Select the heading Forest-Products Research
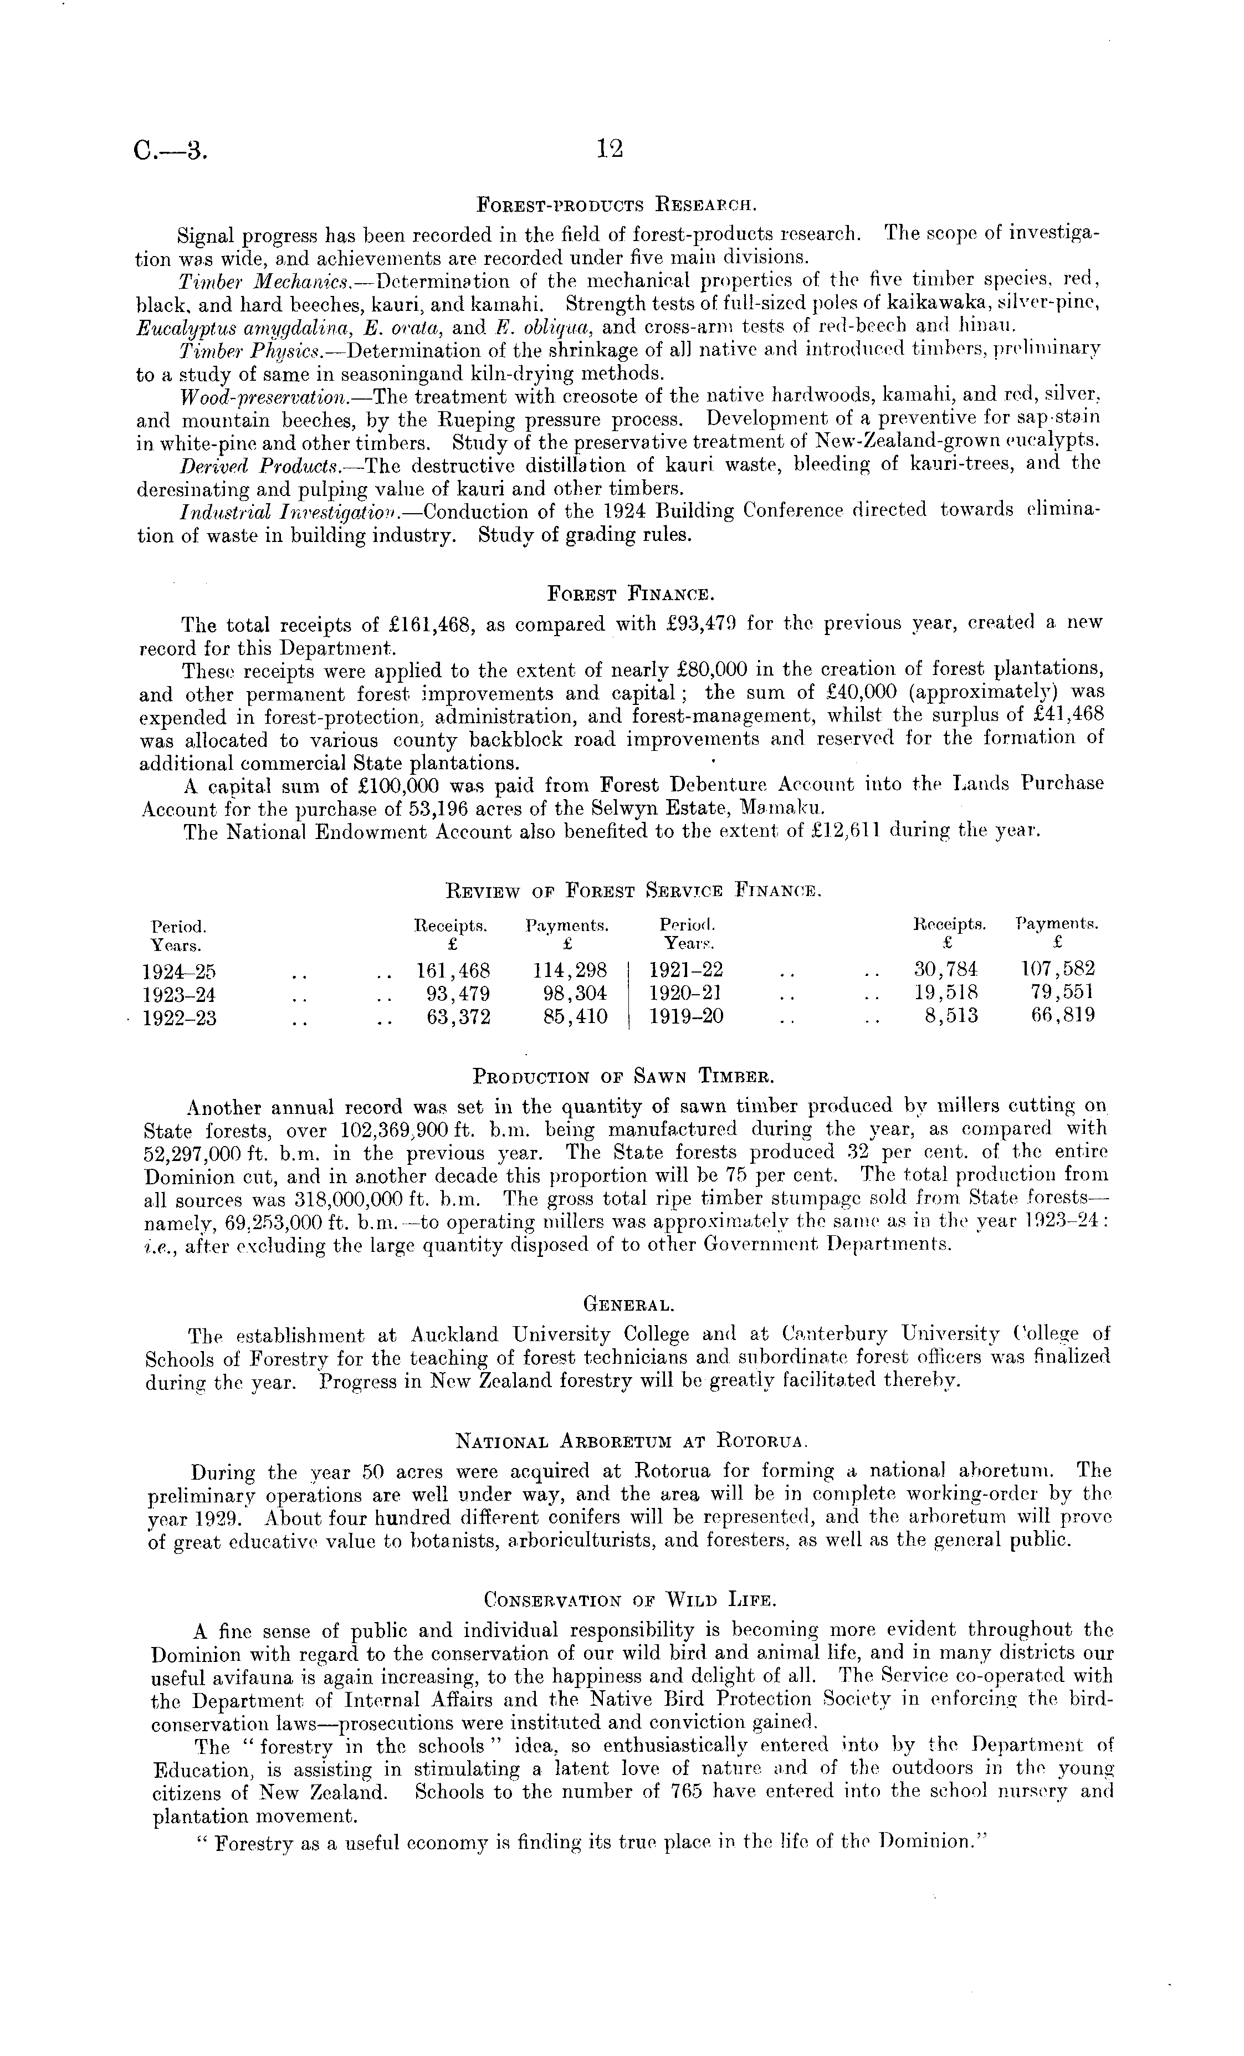(616, 203)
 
